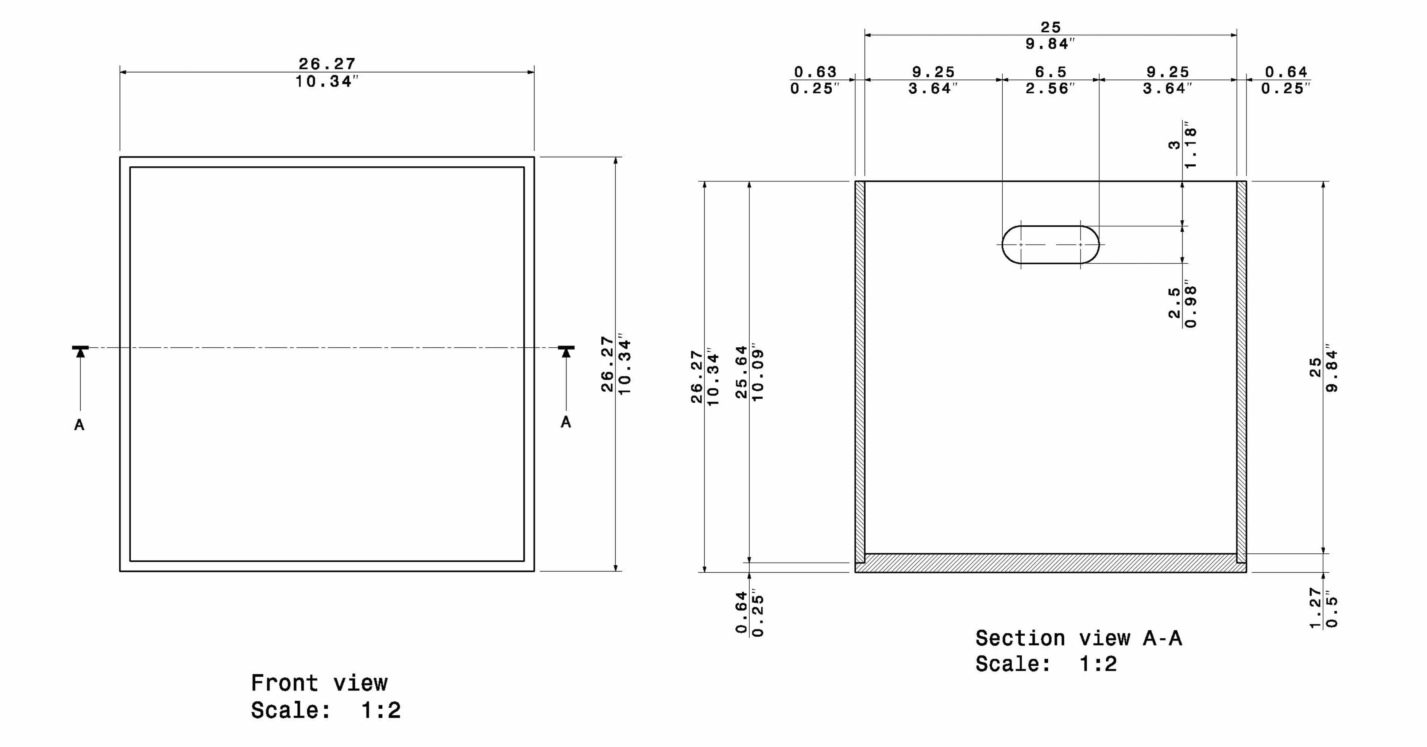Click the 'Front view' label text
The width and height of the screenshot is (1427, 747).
[x=319, y=683]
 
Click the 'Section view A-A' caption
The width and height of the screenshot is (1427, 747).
[x=1079, y=638]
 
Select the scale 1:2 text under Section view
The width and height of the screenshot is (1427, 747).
[x=1046, y=663]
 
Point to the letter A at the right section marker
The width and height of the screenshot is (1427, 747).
[x=566, y=422]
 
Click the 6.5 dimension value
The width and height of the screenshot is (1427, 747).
[x=1050, y=72]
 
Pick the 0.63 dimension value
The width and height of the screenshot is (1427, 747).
[x=815, y=72]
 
